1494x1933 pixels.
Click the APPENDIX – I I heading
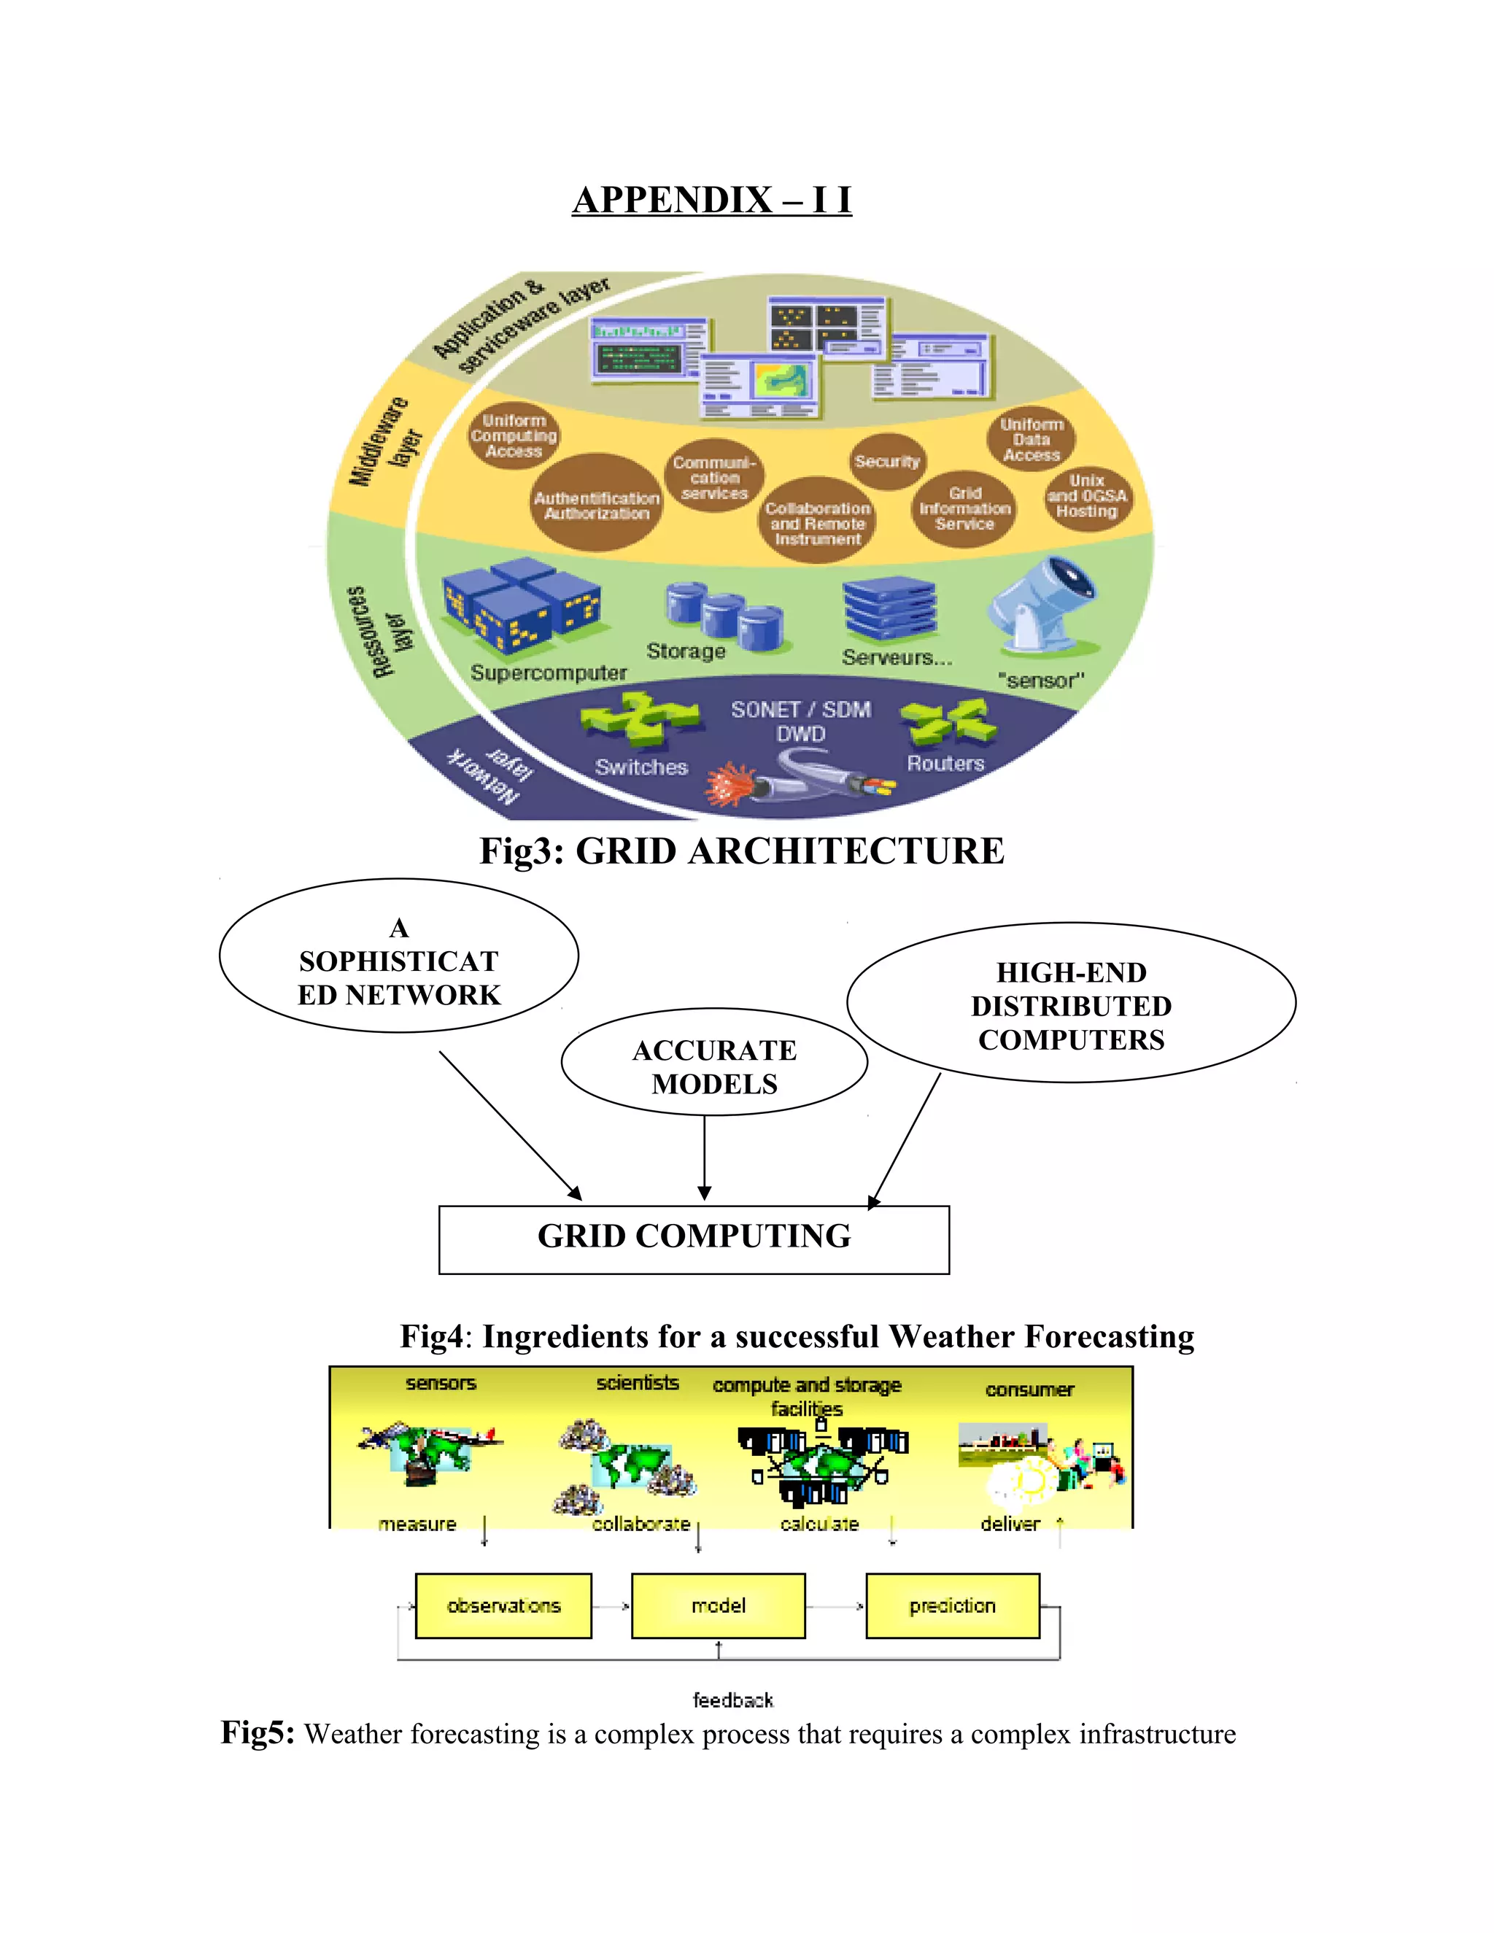tap(711, 200)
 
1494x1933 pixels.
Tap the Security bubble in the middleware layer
tap(888, 461)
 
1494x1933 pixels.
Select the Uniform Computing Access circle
tap(514, 435)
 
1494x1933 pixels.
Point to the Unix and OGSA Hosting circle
tap(1087, 497)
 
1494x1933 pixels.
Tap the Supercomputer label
tap(548, 673)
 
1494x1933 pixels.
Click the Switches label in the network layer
tap(640, 767)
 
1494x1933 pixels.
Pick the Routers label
tap(945, 763)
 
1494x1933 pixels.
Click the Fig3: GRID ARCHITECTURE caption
tap(742, 851)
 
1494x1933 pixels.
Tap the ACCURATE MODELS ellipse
tap(714, 1066)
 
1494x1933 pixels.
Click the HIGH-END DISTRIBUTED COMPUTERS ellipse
tap(1071, 1005)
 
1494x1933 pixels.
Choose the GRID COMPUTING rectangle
tap(694, 1239)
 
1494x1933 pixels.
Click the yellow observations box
tap(503, 1605)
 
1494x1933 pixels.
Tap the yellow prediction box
tap(952, 1605)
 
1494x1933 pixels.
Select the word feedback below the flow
tap(733, 1700)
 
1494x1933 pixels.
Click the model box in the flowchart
tap(719, 1605)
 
